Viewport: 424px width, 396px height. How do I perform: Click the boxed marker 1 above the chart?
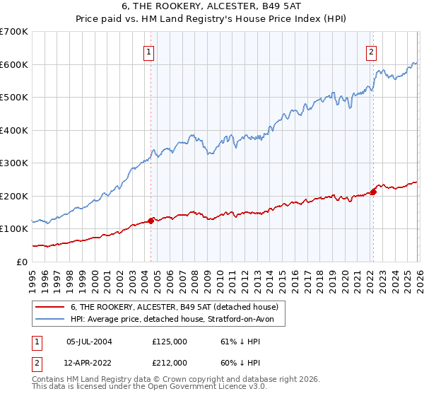click(150, 51)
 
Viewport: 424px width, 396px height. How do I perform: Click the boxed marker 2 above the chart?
click(372, 51)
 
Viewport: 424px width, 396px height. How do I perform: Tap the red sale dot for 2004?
click(151, 221)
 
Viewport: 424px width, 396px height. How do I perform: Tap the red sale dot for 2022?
click(372, 192)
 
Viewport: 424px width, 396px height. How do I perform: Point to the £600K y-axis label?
click(14, 64)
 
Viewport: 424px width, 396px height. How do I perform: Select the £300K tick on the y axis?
click(14, 163)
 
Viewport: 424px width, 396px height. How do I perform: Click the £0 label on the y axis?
click(23, 262)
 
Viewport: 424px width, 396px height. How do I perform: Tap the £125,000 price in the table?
click(169, 342)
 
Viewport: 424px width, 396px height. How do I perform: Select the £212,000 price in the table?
click(169, 363)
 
